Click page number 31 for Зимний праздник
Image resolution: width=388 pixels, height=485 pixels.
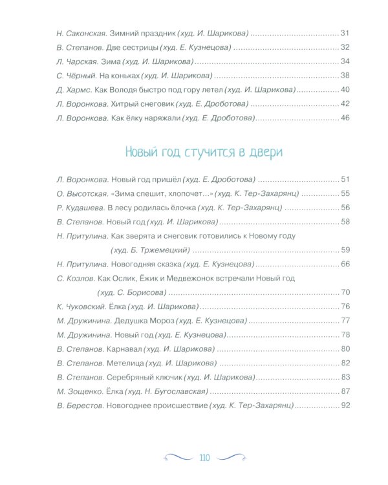click(345, 33)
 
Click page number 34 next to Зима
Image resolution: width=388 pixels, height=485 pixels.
click(345, 61)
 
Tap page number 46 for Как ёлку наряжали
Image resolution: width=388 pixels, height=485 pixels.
click(345, 118)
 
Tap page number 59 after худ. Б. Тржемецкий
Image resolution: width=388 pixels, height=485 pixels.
click(345, 250)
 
